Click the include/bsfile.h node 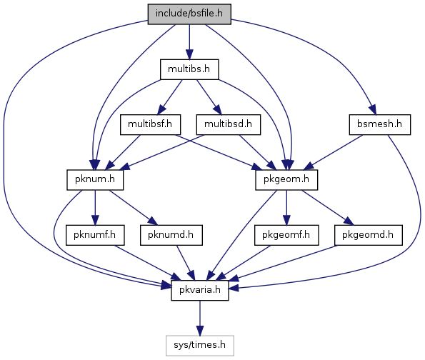coord(189,14)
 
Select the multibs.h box coord(189,69)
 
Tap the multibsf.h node coord(151,125)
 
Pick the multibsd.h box coord(229,125)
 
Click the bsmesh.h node coord(380,125)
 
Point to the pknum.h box coord(95,180)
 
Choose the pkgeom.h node coord(286,180)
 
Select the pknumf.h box coord(95,235)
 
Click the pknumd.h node coord(171,235)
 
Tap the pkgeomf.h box coord(286,235)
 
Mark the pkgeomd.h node coord(369,235)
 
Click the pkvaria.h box coord(200,290)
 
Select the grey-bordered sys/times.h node coord(200,346)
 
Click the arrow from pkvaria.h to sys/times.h coord(200,318)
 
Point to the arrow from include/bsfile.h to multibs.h coord(189,42)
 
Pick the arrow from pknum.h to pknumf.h coord(95,208)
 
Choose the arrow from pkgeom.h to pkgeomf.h coord(286,208)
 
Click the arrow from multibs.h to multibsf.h coord(170,97)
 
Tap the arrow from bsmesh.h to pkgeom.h coord(334,152)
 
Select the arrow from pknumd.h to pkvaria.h coord(186,263)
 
